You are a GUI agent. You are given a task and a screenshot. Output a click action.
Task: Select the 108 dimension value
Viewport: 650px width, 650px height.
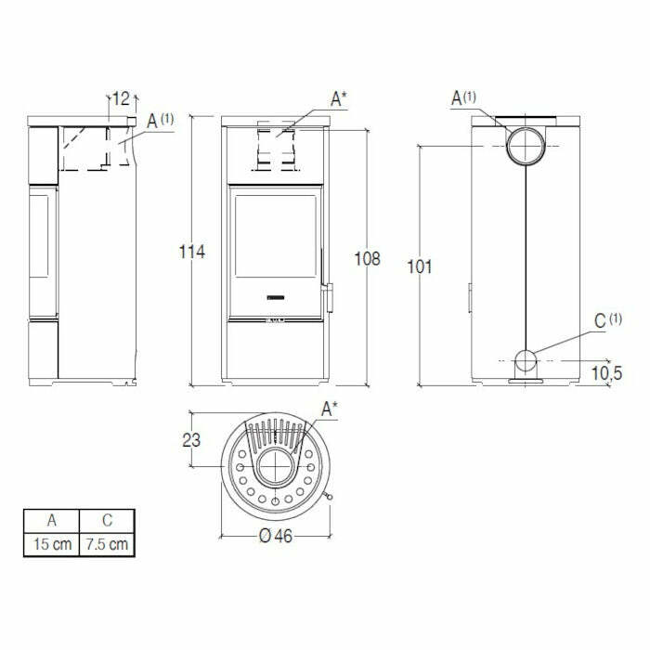(368, 259)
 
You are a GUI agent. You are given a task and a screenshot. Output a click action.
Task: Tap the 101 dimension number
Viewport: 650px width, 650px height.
(420, 266)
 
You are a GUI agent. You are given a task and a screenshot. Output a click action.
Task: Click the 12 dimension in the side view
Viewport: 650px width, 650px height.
(121, 97)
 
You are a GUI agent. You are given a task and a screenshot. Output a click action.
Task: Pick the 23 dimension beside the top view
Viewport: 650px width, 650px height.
(191, 441)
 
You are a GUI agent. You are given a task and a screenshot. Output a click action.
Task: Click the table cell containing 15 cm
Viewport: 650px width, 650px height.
(51, 544)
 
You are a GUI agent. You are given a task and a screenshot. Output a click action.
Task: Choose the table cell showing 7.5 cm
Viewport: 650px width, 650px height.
(106, 544)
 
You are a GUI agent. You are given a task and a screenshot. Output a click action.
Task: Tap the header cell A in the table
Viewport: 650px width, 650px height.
(51, 521)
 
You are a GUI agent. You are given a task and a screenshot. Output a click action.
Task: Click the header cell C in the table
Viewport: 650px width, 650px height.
(106, 521)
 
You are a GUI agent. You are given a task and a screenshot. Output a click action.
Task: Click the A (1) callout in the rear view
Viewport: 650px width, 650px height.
(463, 97)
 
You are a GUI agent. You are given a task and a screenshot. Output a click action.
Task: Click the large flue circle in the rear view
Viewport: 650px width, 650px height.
(526, 146)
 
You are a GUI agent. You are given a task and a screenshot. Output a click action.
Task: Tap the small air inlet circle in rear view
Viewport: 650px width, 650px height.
(526, 360)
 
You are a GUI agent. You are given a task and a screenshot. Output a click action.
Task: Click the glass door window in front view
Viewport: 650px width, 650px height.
(276, 235)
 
